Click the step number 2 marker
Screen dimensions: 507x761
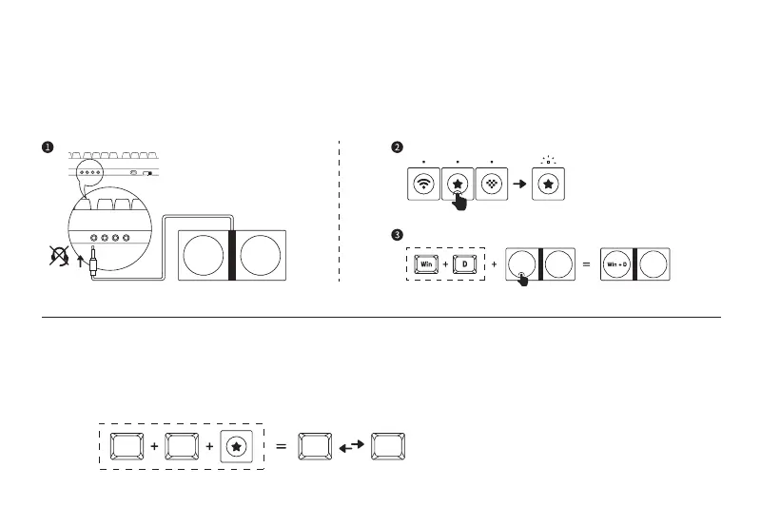pos(398,147)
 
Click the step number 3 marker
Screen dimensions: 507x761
pos(398,234)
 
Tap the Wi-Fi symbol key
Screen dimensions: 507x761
pos(423,185)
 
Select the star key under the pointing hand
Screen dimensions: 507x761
pos(458,185)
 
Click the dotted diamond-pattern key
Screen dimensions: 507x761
pos(492,185)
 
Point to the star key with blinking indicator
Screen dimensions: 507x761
pos(548,185)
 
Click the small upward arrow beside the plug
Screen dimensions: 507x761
pos(79,255)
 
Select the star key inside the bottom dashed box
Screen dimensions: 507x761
pos(236,445)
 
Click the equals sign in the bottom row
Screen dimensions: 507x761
pos(281,445)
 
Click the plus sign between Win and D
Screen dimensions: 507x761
pos(444,263)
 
